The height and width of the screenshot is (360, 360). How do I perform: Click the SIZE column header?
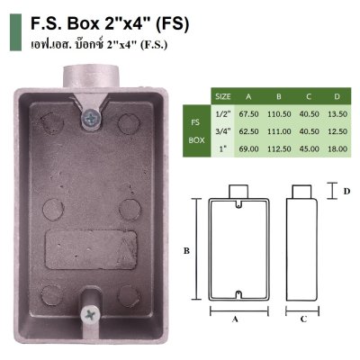[224, 96]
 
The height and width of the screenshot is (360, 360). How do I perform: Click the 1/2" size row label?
[224, 113]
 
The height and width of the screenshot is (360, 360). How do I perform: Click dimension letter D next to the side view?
[332, 191]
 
